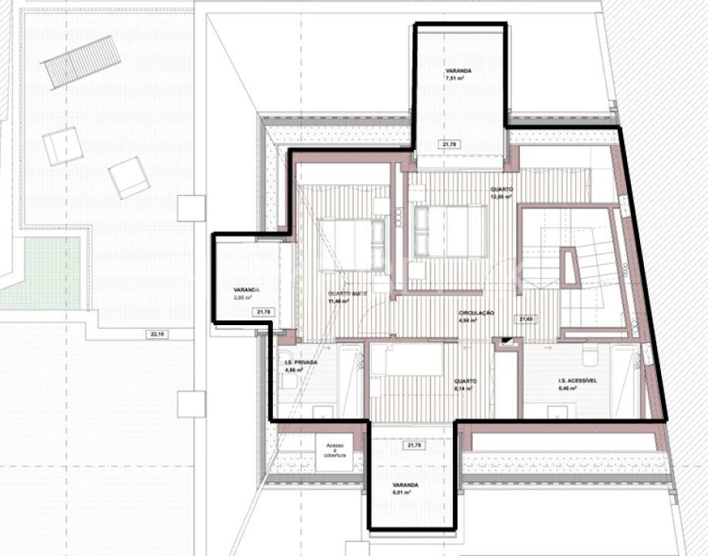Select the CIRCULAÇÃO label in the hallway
click(476, 313)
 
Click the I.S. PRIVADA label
click(301, 361)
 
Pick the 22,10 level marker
click(157, 334)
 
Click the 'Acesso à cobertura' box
click(335, 453)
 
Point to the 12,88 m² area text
click(501, 197)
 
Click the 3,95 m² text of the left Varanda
click(242, 296)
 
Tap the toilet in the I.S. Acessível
click(591, 357)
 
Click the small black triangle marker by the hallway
click(506, 341)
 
